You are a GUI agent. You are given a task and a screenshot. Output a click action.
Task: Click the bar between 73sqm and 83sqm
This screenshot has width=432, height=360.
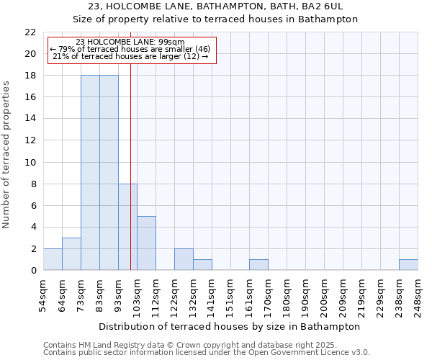coord(90,173)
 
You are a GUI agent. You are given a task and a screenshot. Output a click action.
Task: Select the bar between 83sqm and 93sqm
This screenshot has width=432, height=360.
coord(109,173)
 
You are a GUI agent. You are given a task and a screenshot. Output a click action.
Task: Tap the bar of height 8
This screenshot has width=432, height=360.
coord(127,227)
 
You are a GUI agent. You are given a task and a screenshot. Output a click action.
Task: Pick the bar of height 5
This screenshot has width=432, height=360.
coord(146,243)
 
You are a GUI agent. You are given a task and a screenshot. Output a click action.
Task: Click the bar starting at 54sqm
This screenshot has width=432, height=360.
coord(53,259)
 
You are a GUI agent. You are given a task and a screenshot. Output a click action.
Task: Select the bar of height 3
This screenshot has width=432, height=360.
coord(71,254)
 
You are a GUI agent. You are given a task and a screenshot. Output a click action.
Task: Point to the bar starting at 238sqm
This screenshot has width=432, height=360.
coord(408,265)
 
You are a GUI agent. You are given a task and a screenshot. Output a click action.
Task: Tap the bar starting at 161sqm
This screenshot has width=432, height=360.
coord(258,265)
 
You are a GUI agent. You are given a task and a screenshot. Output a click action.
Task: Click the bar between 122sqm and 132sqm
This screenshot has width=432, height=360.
coord(184,259)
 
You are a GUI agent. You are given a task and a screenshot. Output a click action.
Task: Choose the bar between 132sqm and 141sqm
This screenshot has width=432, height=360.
coord(202,265)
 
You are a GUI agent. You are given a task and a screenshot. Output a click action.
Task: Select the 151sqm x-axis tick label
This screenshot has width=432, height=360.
coord(230,293)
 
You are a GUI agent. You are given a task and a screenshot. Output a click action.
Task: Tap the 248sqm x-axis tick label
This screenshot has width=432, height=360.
coord(418,293)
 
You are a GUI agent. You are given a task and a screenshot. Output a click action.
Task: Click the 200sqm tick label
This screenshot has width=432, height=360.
coord(324,293)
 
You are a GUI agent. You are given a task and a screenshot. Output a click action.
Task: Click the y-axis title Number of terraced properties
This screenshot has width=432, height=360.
coord(6,155)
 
